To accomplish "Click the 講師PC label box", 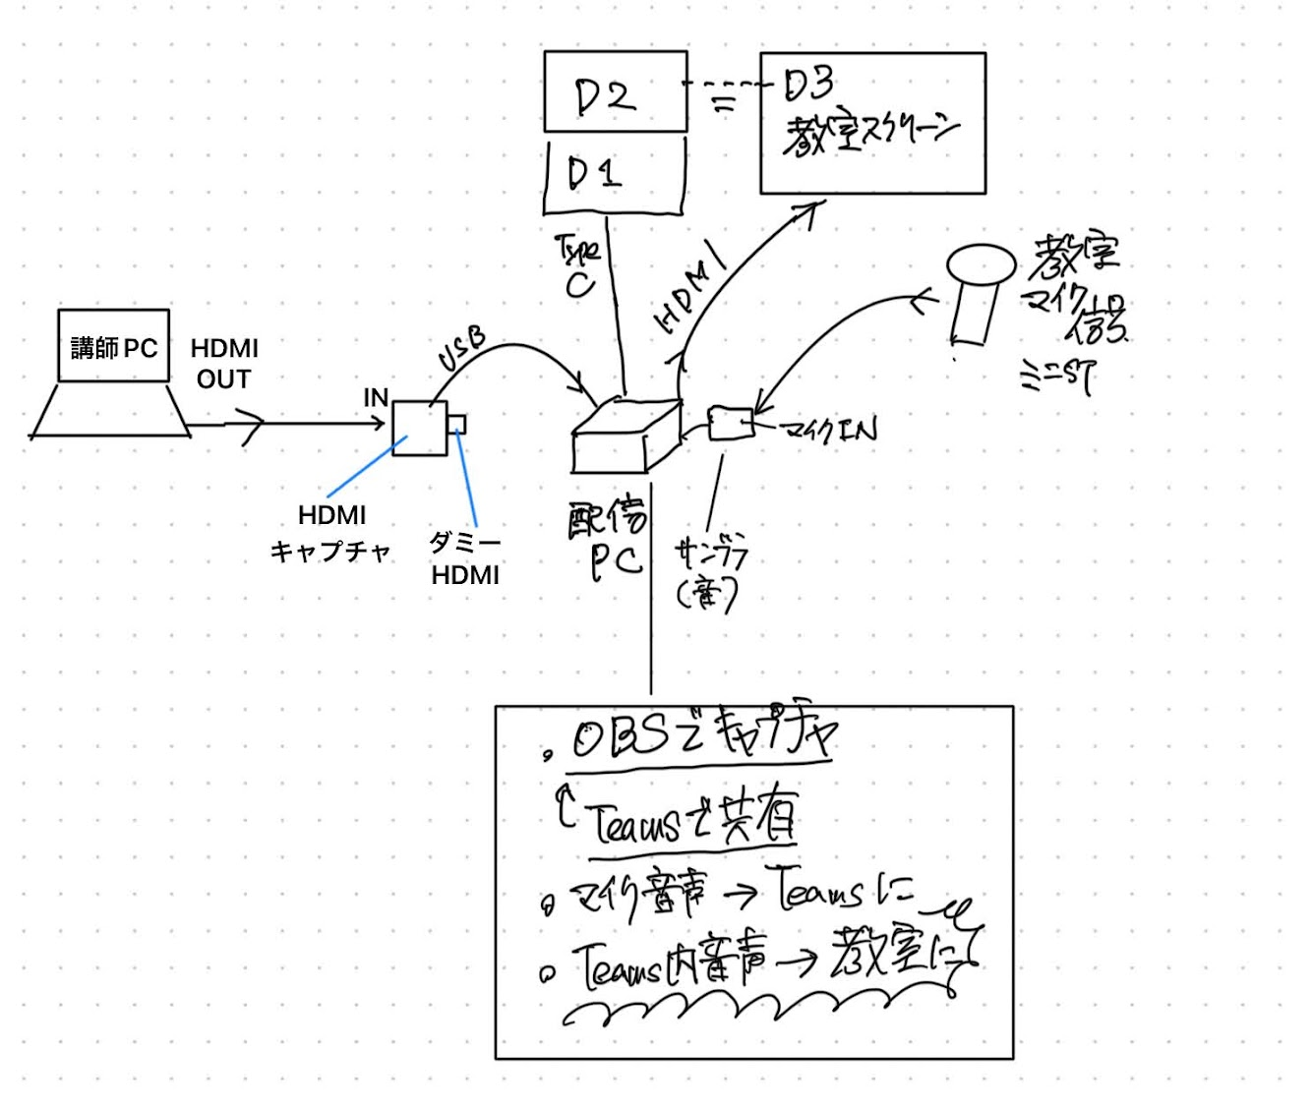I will pyautogui.click(x=114, y=346).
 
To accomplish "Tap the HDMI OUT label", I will pyautogui.click(x=224, y=363).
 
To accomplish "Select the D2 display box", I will pyautogui.click(x=616, y=92).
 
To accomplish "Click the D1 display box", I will pyautogui.click(x=614, y=175).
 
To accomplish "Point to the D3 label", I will pyautogui.click(x=809, y=87).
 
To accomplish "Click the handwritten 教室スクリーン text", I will pyautogui.click(x=870, y=135).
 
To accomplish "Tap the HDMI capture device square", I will pyautogui.click(x=420, y=429).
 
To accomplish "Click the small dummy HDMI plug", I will pyautogui.click(x=457, y=425).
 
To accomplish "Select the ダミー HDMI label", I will pyautogui.click(x=465, y=558).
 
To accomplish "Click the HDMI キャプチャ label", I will pyautogui.click(x=331, y=533).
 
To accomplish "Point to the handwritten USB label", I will pyautogui.click(x=462, y=350).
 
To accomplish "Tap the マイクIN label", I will pyautogui.click(x=828, y=430).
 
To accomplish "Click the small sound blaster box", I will pyautogui.click(x=730, y=423).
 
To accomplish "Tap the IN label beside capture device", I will pyautogui.click(x=376, y=398).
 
